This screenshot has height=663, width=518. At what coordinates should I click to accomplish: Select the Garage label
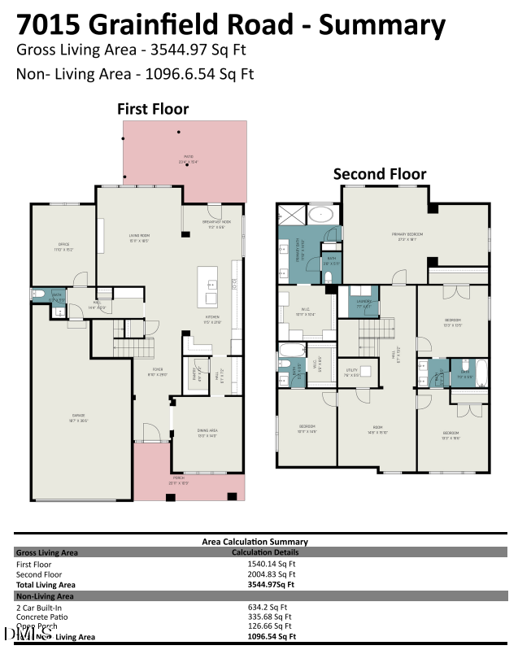point(78,417)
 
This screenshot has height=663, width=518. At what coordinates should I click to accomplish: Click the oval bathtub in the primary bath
point(322,216)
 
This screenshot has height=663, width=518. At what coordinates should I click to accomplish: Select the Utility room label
point(352,373)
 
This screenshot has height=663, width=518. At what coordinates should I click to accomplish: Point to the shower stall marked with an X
point(290,215)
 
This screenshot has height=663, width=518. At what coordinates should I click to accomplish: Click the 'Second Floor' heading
point(379,174)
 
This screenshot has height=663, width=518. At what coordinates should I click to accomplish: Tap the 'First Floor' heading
point(153,108)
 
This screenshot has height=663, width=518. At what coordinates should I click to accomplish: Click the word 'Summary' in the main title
point(382,24)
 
